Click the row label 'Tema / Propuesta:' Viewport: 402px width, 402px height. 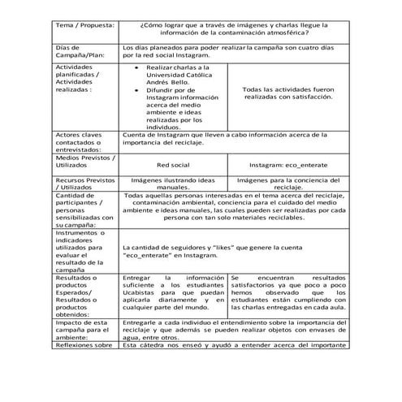(x=84, y=25)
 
